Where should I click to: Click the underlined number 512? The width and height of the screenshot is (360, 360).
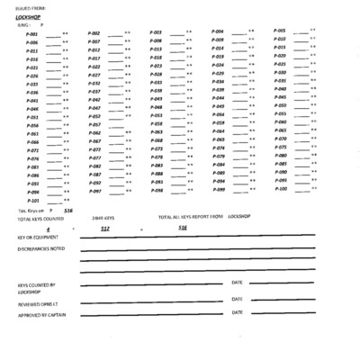click(x=105, y=229)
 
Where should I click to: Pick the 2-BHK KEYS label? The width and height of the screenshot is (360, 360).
click(x=105, y=219)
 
